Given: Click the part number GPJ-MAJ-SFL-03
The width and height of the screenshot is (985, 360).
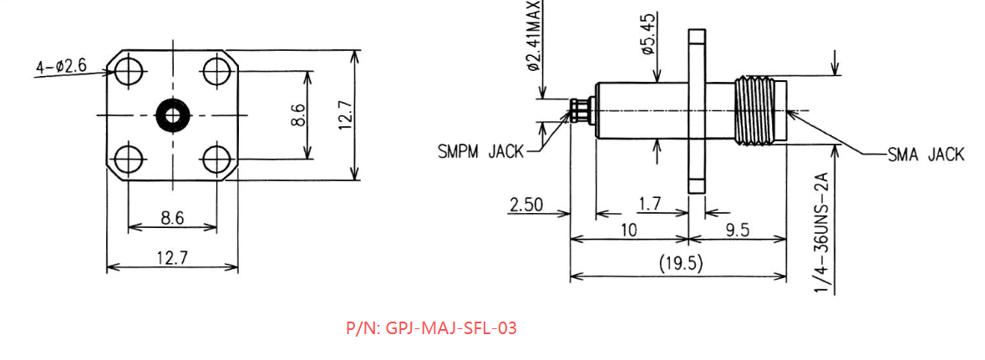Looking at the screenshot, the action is pos(432,328).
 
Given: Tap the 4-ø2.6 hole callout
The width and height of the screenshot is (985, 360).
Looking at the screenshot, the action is pos(61,66).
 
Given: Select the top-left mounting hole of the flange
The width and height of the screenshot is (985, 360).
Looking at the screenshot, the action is pos(129,70).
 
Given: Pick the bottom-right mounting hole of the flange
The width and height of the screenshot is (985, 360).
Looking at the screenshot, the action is pos(216,160).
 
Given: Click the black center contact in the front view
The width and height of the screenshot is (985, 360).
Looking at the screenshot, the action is pos(173,115).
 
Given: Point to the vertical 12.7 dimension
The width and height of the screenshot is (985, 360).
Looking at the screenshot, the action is pos(346,115).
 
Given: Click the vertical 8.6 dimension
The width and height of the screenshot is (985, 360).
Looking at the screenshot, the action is pos(299,115).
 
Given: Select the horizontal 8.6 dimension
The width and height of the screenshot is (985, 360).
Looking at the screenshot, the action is pos(172,218).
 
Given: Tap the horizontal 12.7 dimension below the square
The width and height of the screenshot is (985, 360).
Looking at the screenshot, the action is pos(172,256).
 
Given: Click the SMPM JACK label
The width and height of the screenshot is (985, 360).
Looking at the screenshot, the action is pos(480,151).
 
